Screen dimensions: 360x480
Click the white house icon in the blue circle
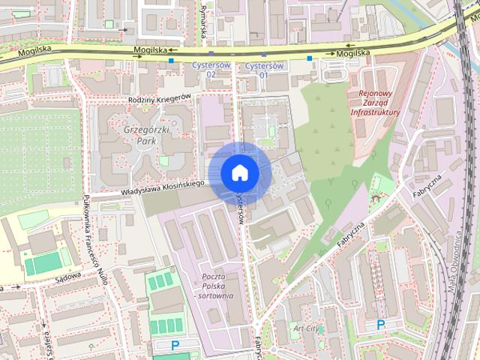(239, 172)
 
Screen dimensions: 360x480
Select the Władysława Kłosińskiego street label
(163, 187)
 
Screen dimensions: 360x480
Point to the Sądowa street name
(67, 276)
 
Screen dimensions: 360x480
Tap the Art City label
(307, 328)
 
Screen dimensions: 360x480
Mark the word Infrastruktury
(376, 112)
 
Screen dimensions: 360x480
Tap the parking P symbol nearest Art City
(380, 325)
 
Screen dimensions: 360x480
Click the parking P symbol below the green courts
(175, 346)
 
